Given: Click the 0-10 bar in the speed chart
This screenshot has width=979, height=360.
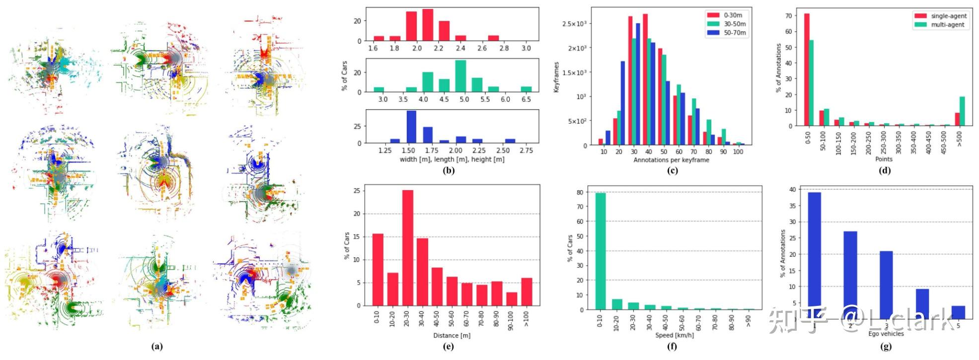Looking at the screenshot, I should point(600,251).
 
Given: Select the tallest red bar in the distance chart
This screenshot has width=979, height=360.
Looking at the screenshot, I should point(407,248).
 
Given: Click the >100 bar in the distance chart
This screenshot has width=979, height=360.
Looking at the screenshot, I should point(527,292).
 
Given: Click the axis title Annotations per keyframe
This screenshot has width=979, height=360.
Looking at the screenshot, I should point(671,160).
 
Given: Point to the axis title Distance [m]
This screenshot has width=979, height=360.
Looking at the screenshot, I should point(452,336).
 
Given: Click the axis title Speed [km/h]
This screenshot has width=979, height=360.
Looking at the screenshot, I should point(674,335).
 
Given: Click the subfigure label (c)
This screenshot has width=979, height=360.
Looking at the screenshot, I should point(672,171).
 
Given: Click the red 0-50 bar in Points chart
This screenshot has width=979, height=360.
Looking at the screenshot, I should point(807,70).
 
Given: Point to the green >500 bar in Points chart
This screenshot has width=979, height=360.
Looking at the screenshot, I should point(962,111).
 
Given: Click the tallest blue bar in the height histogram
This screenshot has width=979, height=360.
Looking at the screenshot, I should point(411,127).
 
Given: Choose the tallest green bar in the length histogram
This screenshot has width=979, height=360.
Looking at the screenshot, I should point(460,76).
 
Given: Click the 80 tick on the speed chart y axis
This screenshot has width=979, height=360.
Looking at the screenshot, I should point(580,192).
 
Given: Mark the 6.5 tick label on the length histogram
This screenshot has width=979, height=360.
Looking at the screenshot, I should point(526,99).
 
